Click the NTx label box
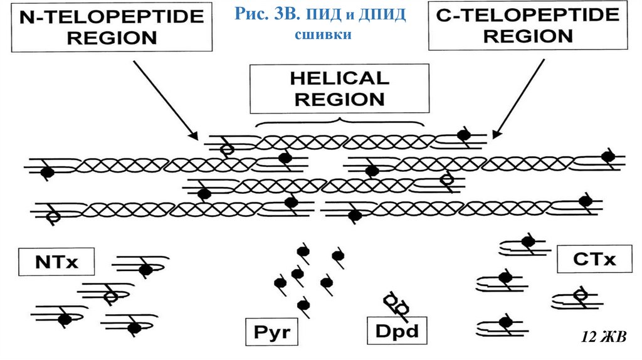pyautogui.click(x=56, y=262)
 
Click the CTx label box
pyautogui.click(x=594, y=258)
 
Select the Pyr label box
pyautogui.click(x=272, y=331)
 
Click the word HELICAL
pyautogui.click(x=339, y=78)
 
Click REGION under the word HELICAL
pyautogui.click(x=339, y=98)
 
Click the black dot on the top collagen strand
pyautogui.click(x=463, y=135)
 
